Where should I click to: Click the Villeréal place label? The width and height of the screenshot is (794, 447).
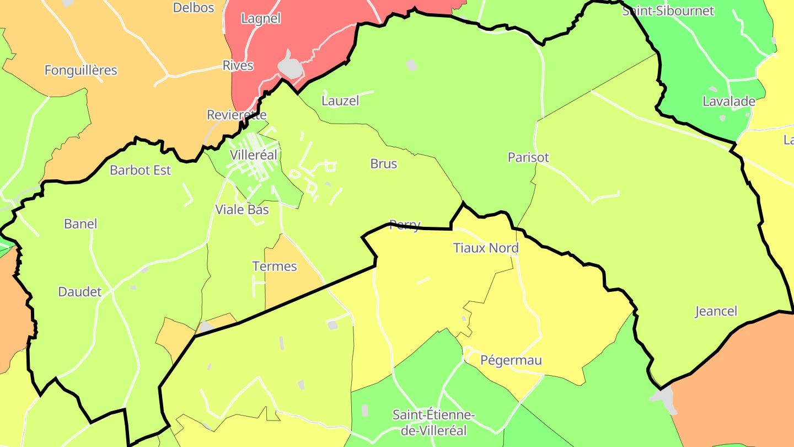[x=254, y=155]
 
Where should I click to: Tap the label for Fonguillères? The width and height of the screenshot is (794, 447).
[x=81, y=71]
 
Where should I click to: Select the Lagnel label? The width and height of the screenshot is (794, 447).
[x=261, y=19]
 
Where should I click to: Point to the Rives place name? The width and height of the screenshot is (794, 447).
[x=238, y=66]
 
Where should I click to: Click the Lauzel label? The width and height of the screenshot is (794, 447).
[x=340, y=101]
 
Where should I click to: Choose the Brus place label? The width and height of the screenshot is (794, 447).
[x=384, y=164]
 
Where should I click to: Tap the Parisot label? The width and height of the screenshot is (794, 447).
[x=528, y=158]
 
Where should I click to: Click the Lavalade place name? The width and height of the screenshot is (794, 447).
[x=728, y=102]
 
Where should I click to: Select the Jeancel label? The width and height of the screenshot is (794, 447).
[x=716, y=311]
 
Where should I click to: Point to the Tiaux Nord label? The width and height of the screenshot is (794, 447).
[x=486, y=248]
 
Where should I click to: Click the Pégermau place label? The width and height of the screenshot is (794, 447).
[x=511, y=361]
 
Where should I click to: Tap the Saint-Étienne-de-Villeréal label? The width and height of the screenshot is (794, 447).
[x=433, y=423]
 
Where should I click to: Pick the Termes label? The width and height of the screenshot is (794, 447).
[x=275, y=267]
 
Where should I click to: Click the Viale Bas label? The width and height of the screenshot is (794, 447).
[x=242, y=210]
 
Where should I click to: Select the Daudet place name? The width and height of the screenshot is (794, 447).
[x=80, y=292]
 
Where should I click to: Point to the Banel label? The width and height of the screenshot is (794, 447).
[x=81, y=224]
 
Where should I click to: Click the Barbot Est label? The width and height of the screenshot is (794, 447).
[x=140, y=171]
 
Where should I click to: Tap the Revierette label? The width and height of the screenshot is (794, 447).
[x=237, y=115]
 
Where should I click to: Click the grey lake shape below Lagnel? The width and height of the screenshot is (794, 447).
[x=289, y=66]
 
